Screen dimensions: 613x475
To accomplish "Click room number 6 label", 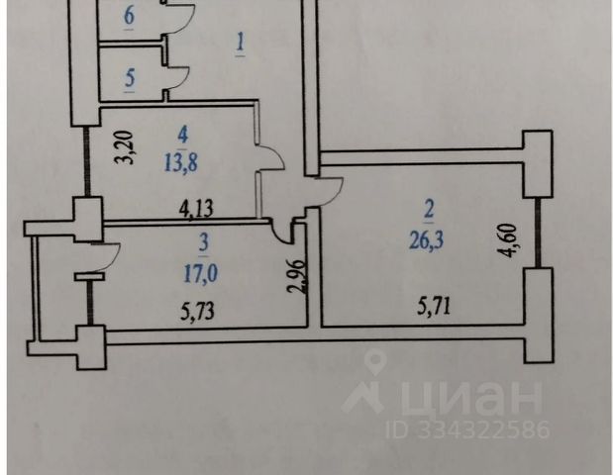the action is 129,16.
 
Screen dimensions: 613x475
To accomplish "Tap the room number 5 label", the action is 130,78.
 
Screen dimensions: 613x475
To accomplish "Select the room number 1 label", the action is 240,42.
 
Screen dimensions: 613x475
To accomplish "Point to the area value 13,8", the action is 180,162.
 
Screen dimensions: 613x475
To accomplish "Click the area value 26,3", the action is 426,239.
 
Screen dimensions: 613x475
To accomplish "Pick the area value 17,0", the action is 201,273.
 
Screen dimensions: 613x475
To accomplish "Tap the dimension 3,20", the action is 127,147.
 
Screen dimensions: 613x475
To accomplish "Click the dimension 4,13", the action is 196,209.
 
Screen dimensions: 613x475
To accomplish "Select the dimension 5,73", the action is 197,312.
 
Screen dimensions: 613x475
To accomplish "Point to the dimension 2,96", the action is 295,277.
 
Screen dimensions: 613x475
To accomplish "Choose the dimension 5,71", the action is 434,306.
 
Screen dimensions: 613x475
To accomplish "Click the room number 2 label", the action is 429,210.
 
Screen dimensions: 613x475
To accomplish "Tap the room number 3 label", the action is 204,243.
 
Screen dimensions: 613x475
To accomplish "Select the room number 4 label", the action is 183,136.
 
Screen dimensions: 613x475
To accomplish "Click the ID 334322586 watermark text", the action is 467,428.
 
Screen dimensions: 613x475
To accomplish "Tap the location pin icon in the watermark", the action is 375,361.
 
